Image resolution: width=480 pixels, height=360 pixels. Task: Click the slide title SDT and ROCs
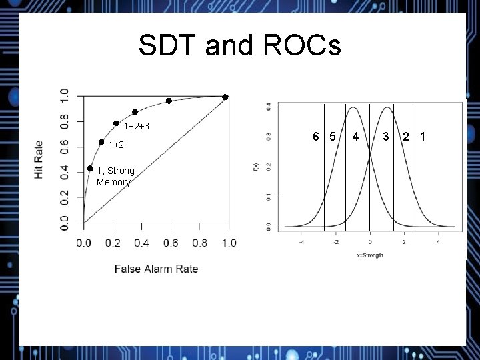pos(239,46)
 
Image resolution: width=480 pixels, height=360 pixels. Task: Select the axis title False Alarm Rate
pos(156,269)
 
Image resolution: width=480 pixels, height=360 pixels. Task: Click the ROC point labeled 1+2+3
pos(116,123)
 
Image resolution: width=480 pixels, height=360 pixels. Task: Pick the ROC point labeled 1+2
pos(101,142)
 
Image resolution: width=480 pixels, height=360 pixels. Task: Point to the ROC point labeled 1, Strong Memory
pos(90,169)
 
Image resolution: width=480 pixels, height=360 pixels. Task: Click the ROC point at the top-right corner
pos(225,97)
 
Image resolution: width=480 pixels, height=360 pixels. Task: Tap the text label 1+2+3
pos(136,127)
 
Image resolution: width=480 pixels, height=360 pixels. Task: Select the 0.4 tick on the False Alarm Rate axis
pos(141,243)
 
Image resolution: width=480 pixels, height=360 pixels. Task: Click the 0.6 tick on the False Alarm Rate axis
pos(171,243)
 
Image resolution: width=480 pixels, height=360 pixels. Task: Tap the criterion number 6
pos(317,137)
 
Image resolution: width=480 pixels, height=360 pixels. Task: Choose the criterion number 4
pos(356,137)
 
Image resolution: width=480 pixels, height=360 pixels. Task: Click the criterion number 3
pos(386,137)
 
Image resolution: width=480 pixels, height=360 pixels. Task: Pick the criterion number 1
pos(421,137)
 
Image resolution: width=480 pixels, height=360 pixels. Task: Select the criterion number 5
pos(331,137)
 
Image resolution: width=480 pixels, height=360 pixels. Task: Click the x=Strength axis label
pos(369,255)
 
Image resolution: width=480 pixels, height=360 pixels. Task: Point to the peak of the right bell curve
pos(388,107)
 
